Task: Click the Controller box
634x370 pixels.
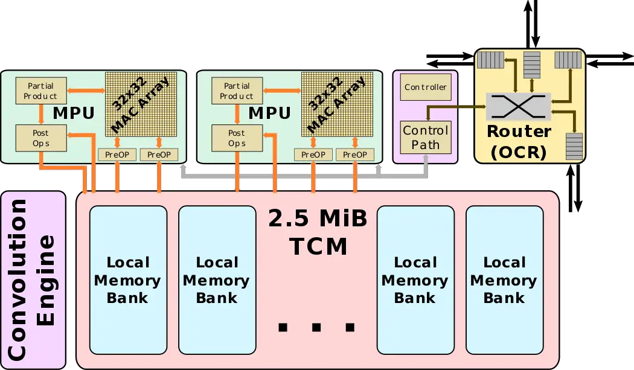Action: pos(426,88)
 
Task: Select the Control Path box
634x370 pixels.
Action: pos(426,137)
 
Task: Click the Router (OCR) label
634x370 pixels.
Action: pos(519,142)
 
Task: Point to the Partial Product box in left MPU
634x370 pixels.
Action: pos(40,91)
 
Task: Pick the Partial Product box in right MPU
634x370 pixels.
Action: pos(237,91)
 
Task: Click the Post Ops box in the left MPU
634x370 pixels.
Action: pos(40,138)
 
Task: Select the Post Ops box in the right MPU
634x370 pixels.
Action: pos(237,138)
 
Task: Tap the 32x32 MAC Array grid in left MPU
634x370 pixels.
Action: pos(141,105)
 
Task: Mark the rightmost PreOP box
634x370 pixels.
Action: pos(355,155)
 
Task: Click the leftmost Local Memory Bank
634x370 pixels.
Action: pos(127,280)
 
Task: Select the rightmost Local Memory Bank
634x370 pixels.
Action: pos(504,280)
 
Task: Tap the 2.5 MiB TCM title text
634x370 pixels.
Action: pos(318,232)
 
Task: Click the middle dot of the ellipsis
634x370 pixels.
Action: pos(316,328)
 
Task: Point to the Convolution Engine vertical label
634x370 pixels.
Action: pos(33,279)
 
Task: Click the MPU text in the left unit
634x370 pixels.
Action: pos(74,113)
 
